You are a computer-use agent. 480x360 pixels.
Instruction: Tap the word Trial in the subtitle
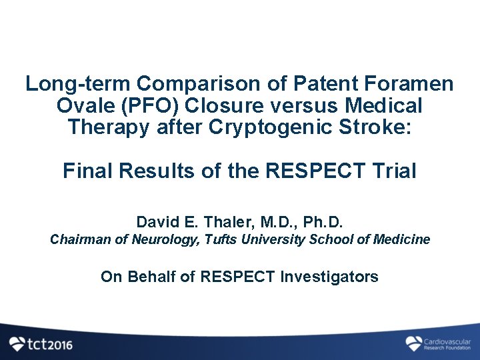[x=395, y=171]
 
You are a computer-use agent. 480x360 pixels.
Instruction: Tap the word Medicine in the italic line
[x=403, y=239]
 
